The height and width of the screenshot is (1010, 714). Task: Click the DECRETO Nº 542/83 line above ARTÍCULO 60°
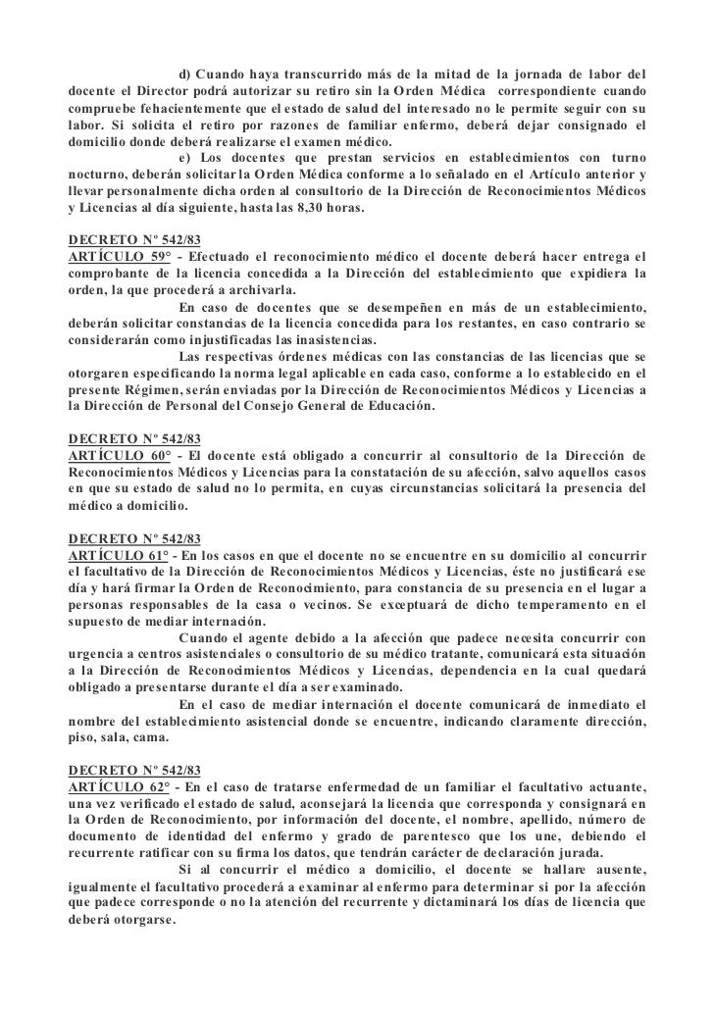click(x=134, y=438)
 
